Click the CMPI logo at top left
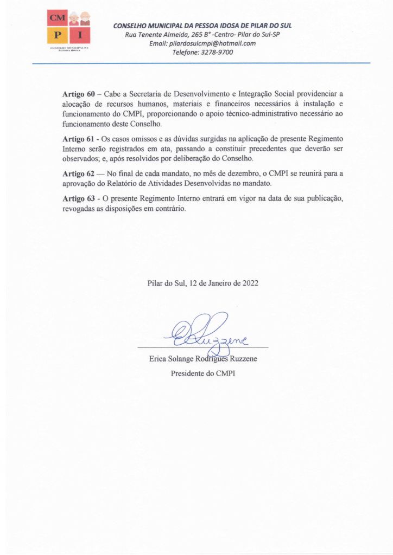pyautogui.click(x=69, y=30)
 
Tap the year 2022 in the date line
pyautogui.click(x=250, y=283)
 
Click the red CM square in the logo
pyautogui.click(x=56, y=19)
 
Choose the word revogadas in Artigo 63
pyautogui.click(x=82, y=209)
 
